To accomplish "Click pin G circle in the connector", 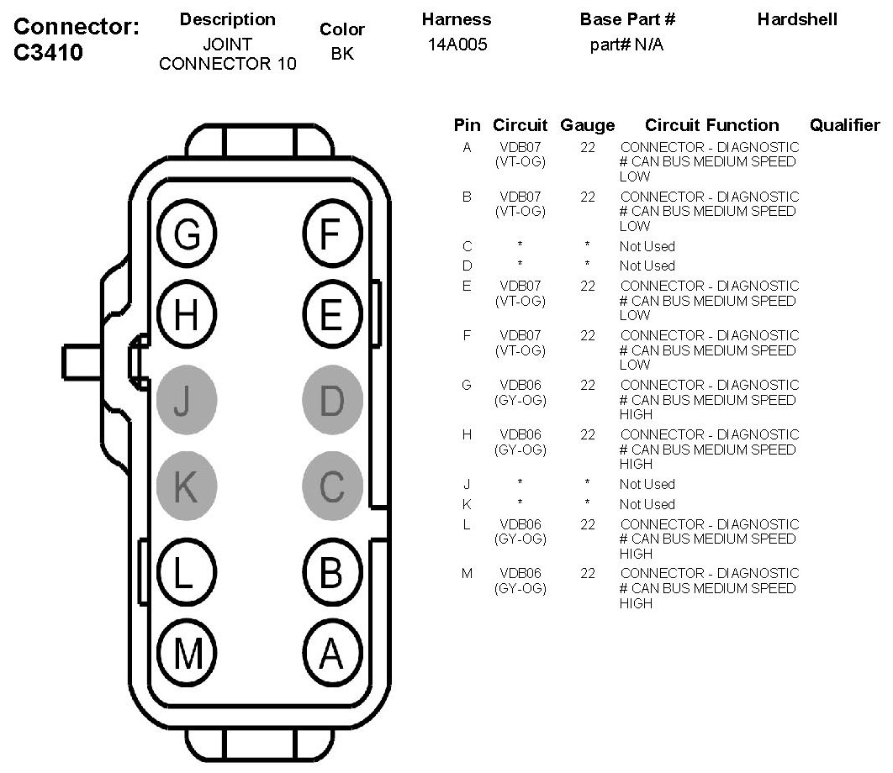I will coord(187,234).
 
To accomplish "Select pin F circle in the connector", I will coord(331,234).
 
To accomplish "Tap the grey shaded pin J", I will coord(187,402).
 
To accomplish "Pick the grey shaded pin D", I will coord(331,402).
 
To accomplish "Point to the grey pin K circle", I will coord(187,486).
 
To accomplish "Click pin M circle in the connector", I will coord(187,652).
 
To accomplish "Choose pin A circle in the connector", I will coord(331,652).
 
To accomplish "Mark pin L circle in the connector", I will coord(187,575).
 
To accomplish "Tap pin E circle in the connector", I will coord(331,316).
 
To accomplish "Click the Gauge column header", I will coord(587,126).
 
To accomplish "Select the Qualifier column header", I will coord(844,126).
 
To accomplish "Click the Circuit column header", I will coord(520,126).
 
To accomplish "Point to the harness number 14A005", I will coord(457,45).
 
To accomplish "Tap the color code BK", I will coord(341,53).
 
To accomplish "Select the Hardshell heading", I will coord(797,19).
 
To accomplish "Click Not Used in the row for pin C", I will coord(647,246).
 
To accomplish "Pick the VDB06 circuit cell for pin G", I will coord(520,386).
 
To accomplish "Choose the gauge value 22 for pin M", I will coord(587,574).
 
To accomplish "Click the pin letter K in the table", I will coord(467,504).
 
